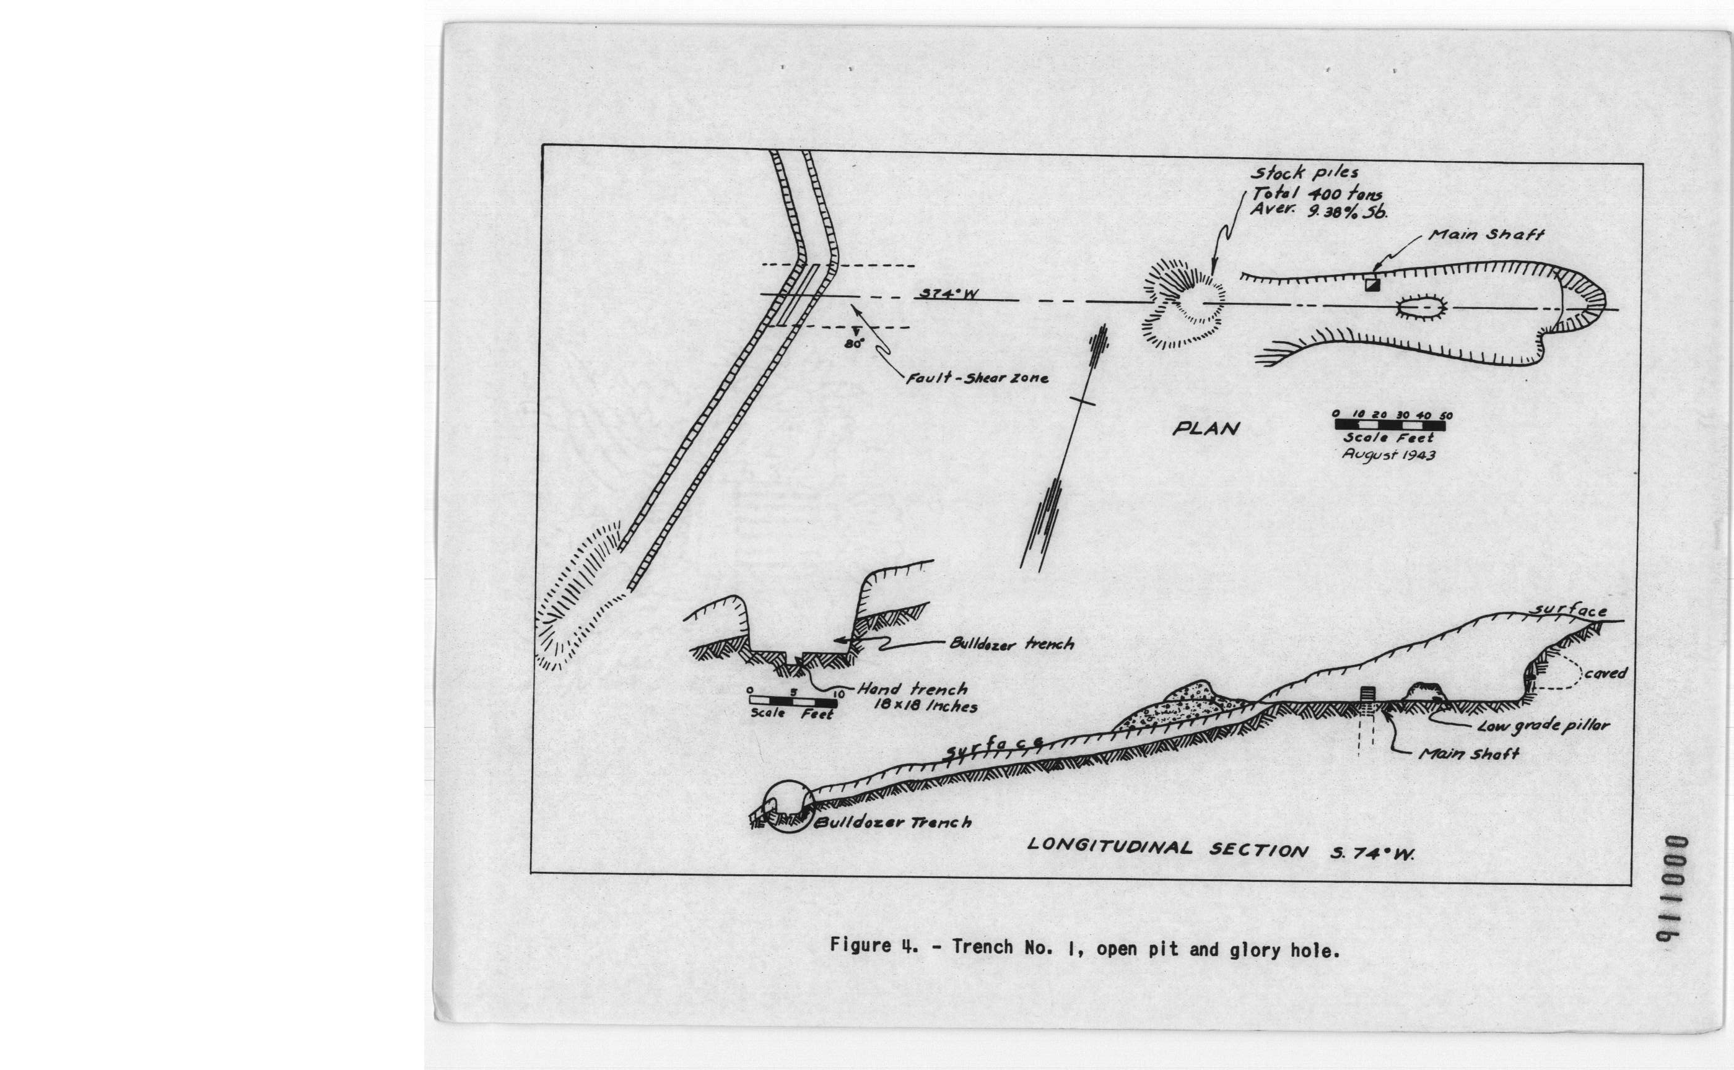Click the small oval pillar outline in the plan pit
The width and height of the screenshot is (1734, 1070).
[1422, 308]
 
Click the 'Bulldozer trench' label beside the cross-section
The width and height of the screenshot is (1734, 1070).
[1011, 644]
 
